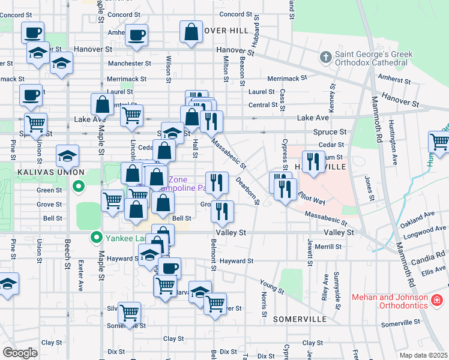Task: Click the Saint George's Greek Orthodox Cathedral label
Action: coord(373,58)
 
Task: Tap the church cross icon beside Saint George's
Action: coord(325,58)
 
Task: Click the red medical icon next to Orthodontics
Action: coord(438,299)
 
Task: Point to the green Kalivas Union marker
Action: coord(77,188)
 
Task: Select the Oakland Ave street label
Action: coord(417,217)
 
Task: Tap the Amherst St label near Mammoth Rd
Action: coord(394,78)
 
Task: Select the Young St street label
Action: coord(272,286)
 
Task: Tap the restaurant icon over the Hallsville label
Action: coord(313,161)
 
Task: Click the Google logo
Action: coord(20,353)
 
